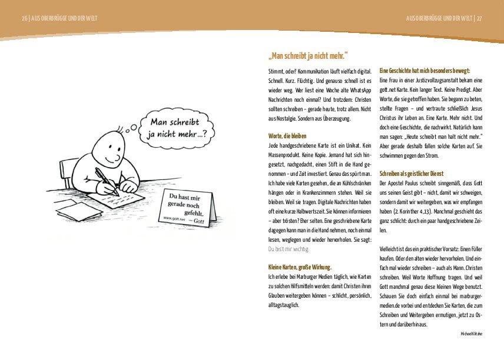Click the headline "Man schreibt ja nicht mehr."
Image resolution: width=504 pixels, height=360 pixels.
[x=308, y=56]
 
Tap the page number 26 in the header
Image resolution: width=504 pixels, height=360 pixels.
[x=24, y=18]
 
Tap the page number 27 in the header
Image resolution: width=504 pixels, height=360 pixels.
[x=479, y=18]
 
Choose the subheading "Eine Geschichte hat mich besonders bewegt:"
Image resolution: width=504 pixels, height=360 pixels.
[x=425, y=71]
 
